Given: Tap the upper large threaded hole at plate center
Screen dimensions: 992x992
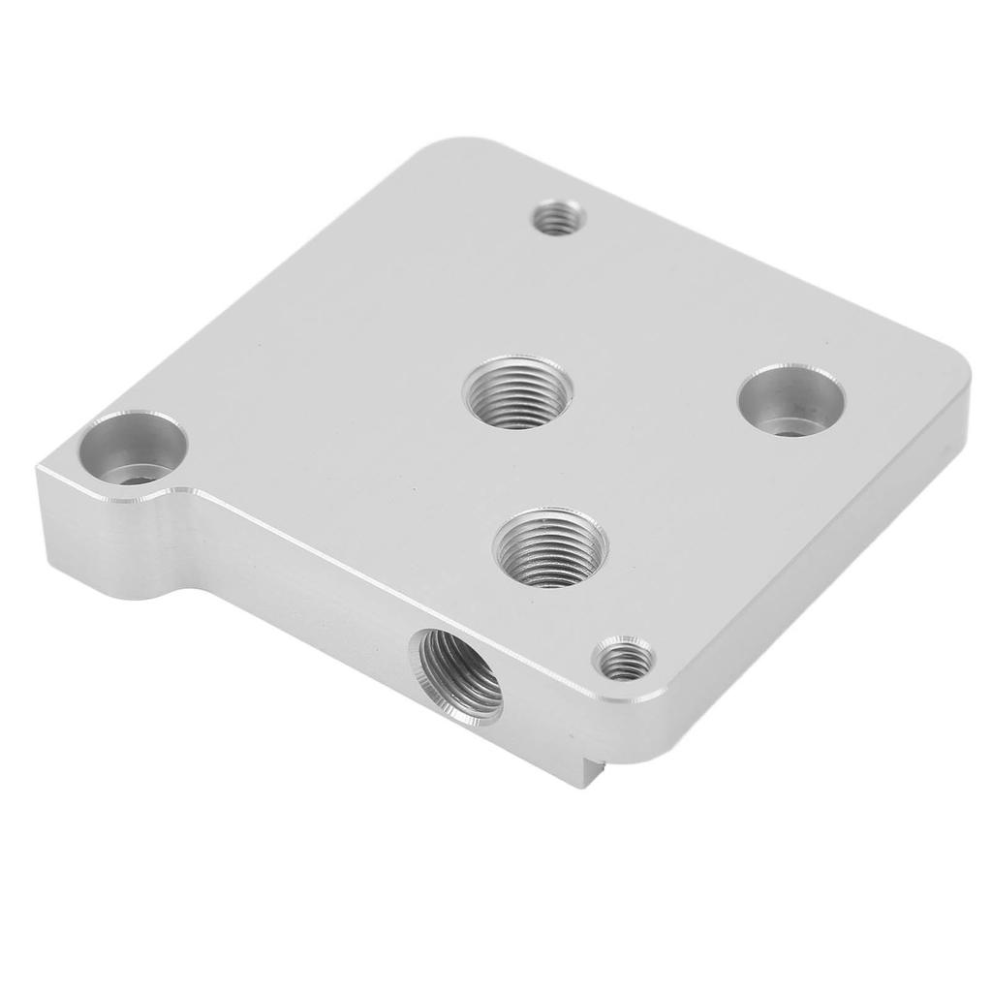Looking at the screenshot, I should click(x=516, y=392).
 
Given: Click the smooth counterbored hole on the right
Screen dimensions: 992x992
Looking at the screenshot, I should click(x=790, y=400).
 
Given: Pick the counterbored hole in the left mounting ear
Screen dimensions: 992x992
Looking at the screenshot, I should click(x=133, y=449).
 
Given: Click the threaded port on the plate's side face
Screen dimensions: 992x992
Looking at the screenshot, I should click(x=461, y=676).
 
